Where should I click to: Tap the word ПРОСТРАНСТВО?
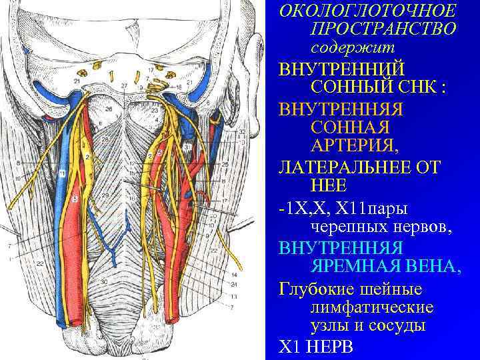383,30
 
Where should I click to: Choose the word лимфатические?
372,307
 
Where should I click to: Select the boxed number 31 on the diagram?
187,146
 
